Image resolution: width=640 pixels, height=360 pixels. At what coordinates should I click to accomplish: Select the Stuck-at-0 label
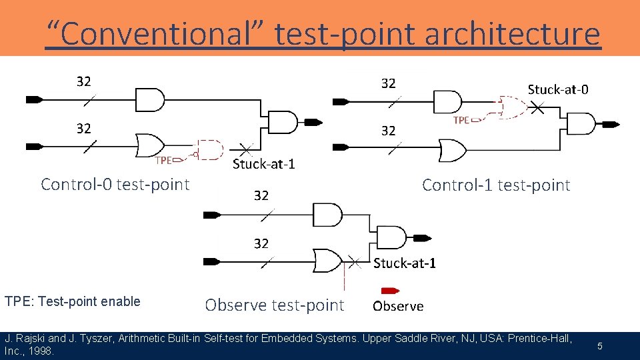558,89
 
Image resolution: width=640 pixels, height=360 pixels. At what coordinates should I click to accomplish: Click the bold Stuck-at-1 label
405,263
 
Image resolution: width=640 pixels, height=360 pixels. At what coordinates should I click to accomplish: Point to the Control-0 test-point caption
115,184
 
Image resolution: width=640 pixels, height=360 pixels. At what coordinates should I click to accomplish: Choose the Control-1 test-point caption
496,185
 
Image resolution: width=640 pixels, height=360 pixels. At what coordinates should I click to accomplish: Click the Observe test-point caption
274,305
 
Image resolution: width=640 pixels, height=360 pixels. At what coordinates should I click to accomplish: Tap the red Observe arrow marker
389,291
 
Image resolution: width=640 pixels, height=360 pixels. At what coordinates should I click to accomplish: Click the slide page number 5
599,346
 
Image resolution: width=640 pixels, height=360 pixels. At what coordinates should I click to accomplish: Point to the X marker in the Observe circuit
355,261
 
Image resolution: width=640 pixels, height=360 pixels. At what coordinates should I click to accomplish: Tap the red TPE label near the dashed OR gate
461,120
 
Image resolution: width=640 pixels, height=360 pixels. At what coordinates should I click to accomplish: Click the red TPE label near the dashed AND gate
163,160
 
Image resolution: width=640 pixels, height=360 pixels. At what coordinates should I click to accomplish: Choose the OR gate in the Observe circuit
328,261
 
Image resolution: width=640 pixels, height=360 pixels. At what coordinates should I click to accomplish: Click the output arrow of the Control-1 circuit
611,124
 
